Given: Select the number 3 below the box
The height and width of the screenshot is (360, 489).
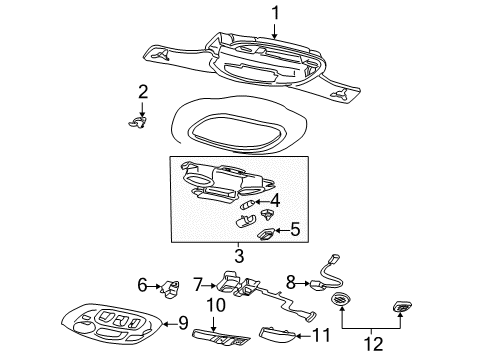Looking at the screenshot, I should (238, 257).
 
